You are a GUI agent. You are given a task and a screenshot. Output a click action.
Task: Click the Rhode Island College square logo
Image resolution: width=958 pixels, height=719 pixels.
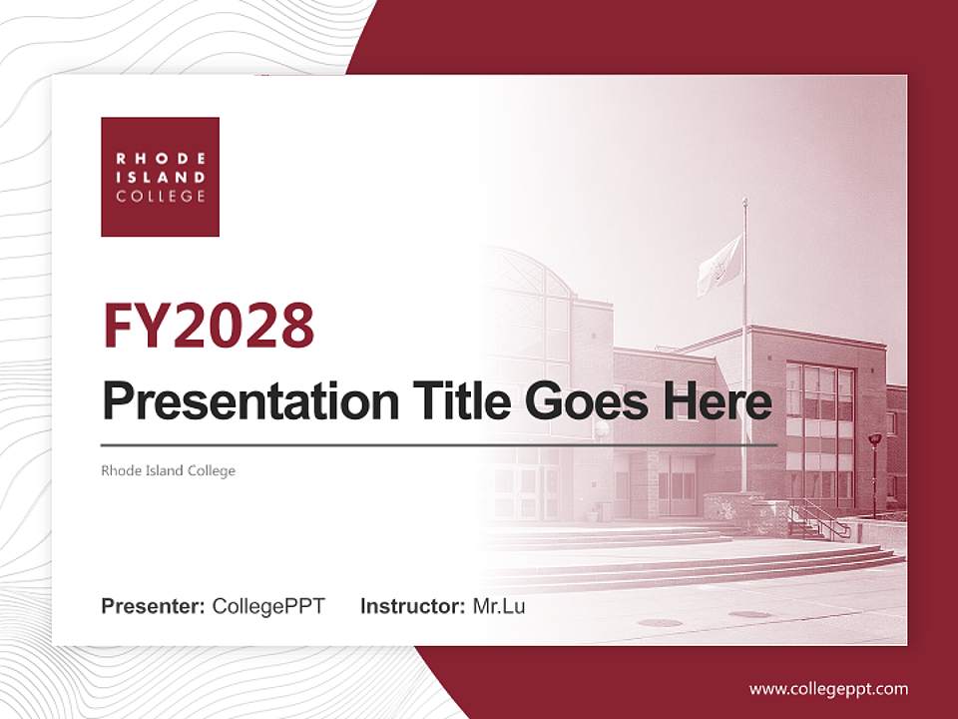160,177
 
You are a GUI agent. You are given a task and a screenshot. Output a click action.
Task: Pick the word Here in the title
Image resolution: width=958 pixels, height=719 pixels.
718,401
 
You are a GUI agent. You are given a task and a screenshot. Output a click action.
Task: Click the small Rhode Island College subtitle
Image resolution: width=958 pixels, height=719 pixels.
168,470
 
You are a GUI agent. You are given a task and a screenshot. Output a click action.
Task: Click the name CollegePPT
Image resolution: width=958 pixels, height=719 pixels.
268,606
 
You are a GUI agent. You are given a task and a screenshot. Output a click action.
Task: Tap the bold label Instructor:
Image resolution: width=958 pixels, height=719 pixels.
412,606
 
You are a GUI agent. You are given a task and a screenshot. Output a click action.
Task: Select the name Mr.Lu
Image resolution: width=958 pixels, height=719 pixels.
498,606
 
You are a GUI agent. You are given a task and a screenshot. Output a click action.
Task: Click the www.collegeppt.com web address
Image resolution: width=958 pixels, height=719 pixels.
828,688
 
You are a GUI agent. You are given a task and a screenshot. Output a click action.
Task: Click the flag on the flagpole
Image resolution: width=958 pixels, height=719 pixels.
719,265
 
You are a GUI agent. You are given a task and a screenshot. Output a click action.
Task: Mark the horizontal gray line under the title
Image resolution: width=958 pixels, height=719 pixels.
439,443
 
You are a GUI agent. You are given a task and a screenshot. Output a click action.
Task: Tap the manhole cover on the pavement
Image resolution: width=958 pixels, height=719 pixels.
660,622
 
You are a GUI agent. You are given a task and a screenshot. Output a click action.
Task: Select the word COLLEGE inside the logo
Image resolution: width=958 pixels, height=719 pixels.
160,197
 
